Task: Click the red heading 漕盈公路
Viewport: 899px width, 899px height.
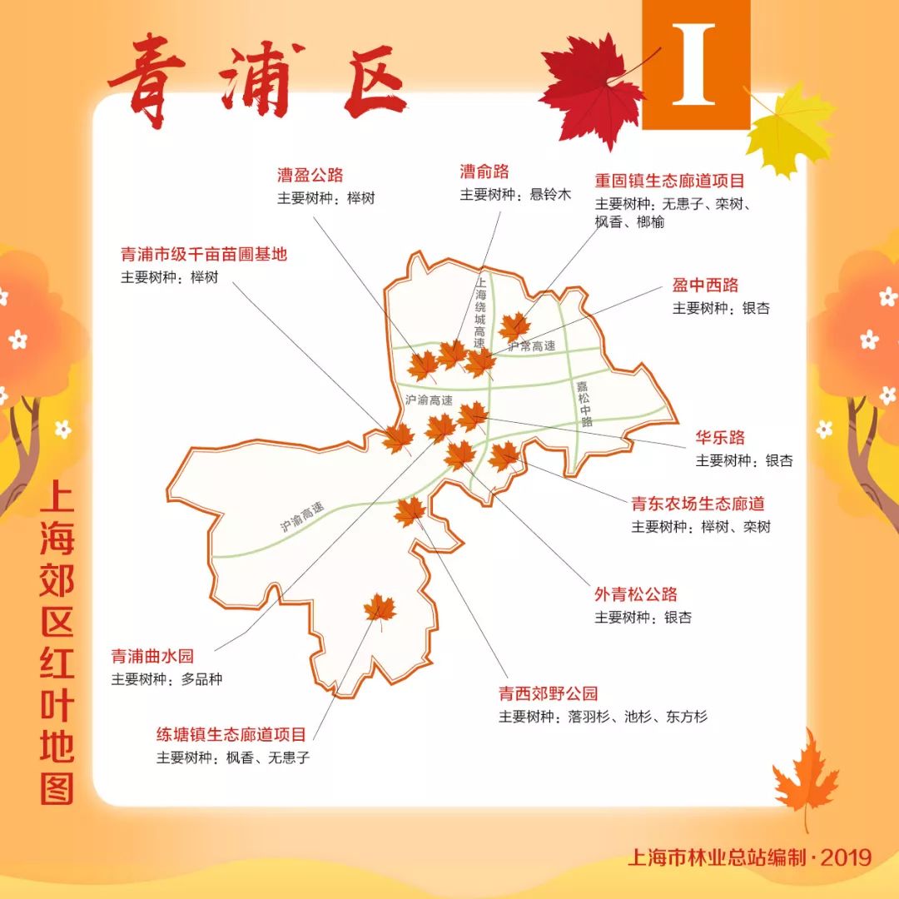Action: pos(310,176)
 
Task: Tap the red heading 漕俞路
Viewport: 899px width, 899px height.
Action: pos(484,172)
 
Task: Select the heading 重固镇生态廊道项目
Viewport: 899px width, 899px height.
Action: pos(669,181)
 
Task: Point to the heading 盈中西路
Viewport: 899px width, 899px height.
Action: pos(705,286)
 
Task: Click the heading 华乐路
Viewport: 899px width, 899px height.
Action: pos(720,438)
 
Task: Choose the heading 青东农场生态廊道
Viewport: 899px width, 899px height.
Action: pos(698,504)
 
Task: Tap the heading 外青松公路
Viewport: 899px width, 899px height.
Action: pos(635,594)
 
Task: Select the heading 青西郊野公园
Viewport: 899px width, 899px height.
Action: pos(548,693)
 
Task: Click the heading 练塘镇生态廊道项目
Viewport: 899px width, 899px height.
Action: pos(231,735)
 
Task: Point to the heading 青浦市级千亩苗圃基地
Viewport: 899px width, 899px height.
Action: pos(204,255)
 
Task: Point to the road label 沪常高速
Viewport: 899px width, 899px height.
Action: pos(531,345)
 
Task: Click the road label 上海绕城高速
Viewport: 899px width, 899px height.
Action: pos(479,313)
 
